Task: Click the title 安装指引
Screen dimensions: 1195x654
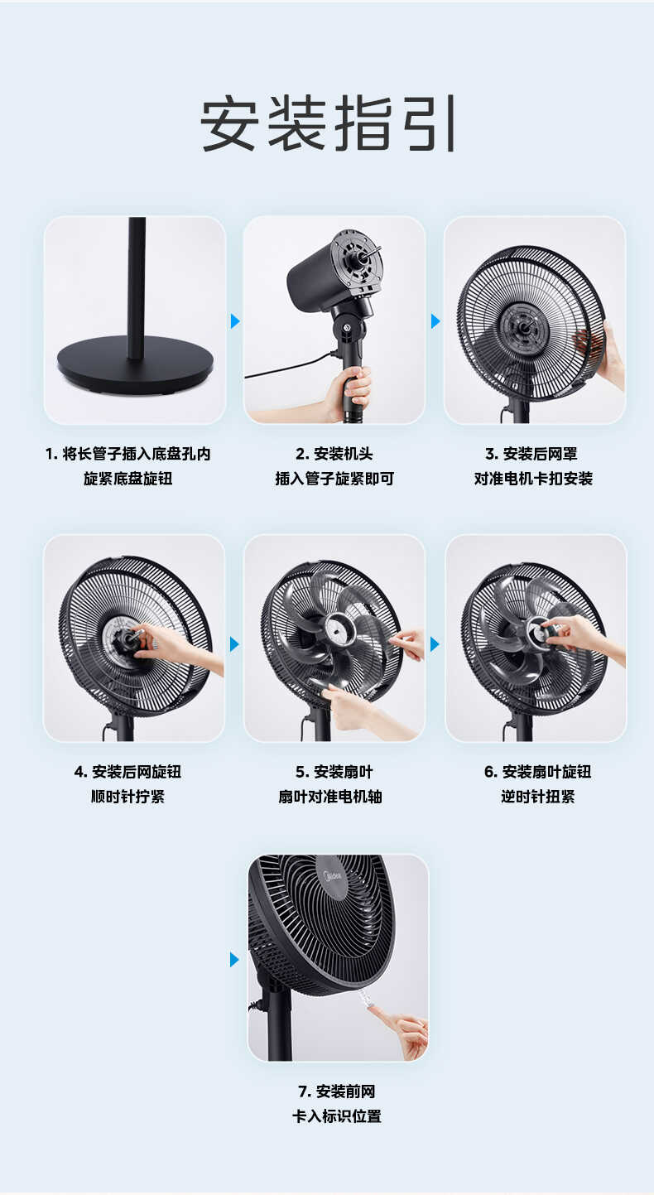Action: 328,124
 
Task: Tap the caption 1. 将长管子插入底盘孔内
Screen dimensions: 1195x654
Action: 128,454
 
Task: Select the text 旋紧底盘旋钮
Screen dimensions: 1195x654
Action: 128,479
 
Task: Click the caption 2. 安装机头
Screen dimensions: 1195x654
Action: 334,454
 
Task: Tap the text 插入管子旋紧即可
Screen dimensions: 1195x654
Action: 334,479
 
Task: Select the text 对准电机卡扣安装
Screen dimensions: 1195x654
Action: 533,479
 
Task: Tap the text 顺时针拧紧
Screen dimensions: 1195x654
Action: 128,797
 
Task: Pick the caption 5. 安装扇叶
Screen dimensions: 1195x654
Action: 334,772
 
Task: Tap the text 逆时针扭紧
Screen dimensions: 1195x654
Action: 537,797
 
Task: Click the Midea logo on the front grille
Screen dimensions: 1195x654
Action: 332,875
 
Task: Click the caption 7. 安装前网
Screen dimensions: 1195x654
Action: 337,1091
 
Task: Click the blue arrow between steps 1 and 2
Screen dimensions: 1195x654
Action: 235,320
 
